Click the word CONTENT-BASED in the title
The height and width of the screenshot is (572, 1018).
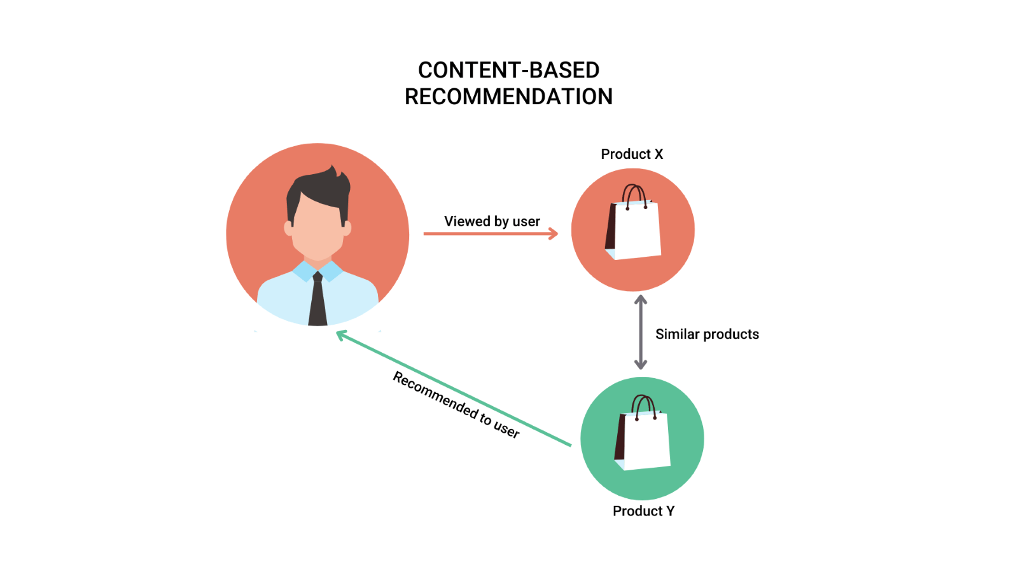point(508,70)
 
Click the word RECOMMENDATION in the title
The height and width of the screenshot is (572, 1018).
point(508,97)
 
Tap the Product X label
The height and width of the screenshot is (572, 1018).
point(632,154)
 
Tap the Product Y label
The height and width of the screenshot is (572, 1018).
point(643,511)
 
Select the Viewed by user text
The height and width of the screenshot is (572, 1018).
point(492,221)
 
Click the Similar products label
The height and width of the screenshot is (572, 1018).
point(707,334)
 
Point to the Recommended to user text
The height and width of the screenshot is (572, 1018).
point(456,405)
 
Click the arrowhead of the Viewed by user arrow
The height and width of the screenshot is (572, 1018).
point(554,234)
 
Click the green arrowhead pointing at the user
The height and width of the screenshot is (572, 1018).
point(341,334)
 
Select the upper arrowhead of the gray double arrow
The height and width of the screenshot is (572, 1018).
point(641,299)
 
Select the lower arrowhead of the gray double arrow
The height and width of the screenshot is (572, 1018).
point(641,365)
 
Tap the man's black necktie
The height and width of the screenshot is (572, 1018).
point(317,302)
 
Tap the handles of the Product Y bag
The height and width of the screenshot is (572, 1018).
point(644,405)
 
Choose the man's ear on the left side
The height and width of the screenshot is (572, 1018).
point(288,228)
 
